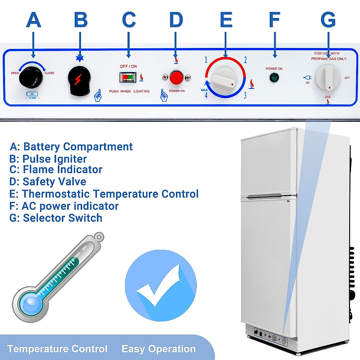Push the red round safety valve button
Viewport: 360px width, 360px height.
(x=176, y=77)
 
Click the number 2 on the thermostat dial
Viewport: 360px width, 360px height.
(x=245, y=60)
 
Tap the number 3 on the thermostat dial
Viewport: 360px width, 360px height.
(x=245, y=95)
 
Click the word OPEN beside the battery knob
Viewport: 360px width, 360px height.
(x=15, y=73)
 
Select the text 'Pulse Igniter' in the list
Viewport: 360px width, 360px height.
(x=54, y=159)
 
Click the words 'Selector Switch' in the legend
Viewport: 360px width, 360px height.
(x=62, y=218)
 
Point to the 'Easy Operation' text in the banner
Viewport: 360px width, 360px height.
(x=158, y=349)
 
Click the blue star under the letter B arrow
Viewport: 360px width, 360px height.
(x=80, y=58)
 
